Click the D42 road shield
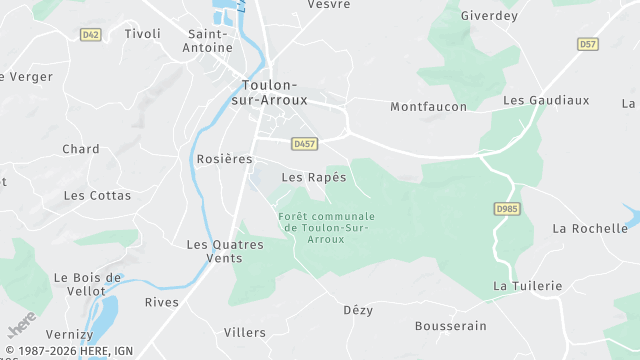91,34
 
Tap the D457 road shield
305,144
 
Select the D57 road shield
588,44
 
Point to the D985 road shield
508,208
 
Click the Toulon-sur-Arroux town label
275,92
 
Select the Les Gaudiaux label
546,100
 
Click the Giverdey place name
490,16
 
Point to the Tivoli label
142,33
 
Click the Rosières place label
225,159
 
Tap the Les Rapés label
314,177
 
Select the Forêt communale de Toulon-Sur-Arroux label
326,227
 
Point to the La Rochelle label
590,228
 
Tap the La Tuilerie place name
528,285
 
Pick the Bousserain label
451,326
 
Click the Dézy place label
358,310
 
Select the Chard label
81,149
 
